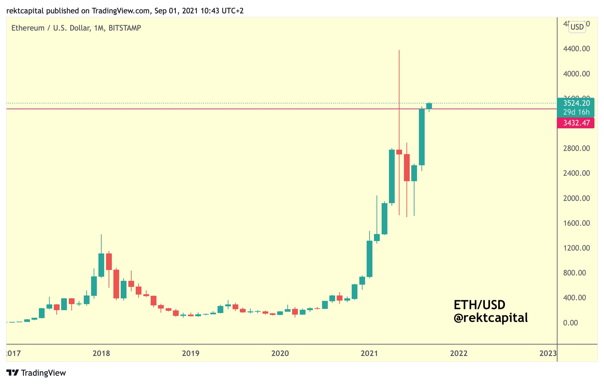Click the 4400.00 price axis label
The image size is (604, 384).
(x=576, y=49)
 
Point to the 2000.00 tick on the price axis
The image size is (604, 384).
(x=576, y=198)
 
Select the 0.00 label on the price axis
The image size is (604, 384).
(x=570, y=323)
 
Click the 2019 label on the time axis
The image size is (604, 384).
(x=191, y=353)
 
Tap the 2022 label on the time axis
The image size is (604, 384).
(x=458, y=353)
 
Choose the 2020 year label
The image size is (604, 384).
(x=280, y=353)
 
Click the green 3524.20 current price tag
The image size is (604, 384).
(x=576, y=103)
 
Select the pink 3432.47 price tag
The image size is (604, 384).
(x=576, y=123)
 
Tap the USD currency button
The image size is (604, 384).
(x=577, y=27)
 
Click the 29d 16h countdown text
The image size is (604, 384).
(x=576, y=112)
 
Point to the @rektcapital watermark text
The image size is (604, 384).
(x=491, y=318)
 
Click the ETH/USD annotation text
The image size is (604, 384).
(x=479, y=305)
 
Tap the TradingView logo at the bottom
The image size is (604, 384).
(x=36, y=373)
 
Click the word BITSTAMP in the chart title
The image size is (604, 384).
(x=125, y=28)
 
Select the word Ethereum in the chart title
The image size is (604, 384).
(x=28, y=28)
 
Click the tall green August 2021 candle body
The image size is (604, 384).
(x=421, y=137)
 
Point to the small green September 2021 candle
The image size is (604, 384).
(x=429, y=106)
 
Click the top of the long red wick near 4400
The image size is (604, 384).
(x=399, y=51)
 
